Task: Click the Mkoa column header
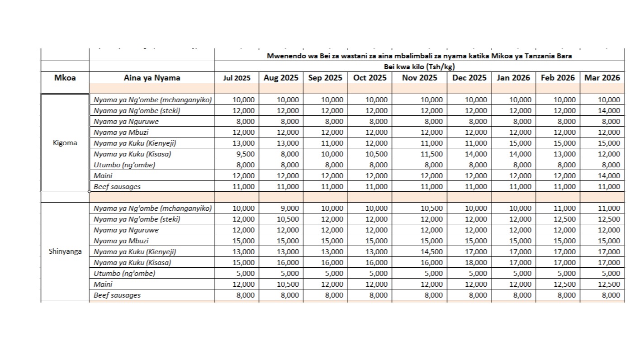point(65,78)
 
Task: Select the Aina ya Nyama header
point(152,78)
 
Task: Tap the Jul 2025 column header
point(237,78)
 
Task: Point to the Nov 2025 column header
point(420,78)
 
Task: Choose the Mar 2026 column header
point(602,78)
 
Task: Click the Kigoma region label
point(65,143)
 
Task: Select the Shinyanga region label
point(65,251)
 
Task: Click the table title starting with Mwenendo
point(419,56)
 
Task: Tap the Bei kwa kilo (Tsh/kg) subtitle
point(419,67)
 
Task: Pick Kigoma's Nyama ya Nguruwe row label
point(126,121)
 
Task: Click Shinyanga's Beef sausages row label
point(117,295)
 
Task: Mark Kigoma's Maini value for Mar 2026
point(609,175)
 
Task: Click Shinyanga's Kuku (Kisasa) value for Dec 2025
point(476,262)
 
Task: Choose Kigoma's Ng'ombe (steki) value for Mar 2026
point(609,110)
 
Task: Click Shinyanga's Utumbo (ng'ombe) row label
point(124,273)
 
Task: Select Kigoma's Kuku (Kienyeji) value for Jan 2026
point(520,143)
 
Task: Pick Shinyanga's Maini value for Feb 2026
point(564,284)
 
